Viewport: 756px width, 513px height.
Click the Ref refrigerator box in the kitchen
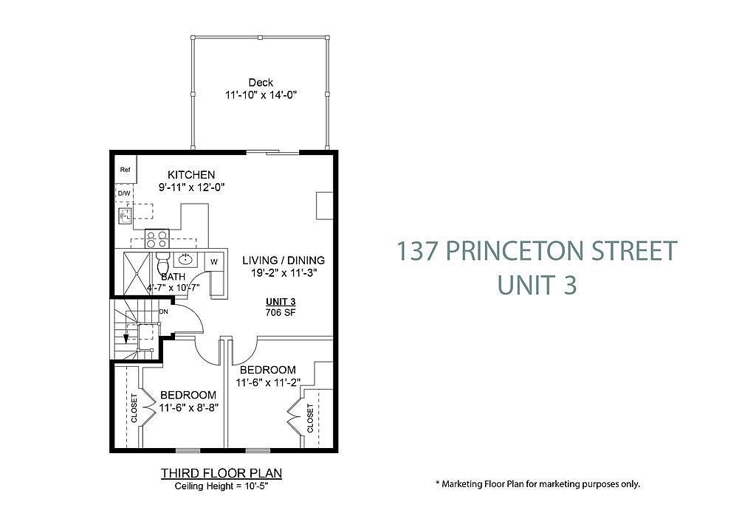tap(126, 169)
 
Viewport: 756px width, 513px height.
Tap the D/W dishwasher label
tap(124, 194)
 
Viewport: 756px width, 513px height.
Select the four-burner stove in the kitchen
tap(157, 238)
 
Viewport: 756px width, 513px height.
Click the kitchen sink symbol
tap(125, 215)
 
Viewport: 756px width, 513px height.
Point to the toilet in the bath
tap(163, 264)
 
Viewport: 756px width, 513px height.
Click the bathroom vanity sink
tap(185, 259)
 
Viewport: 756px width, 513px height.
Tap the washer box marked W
tap(214, 262)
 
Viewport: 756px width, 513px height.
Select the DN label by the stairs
tap(163, 311)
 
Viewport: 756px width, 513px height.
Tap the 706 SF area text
tap(281, 312)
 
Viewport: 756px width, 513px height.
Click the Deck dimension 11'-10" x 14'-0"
tap(261, 94)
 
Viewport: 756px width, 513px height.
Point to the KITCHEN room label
tap(191, 174)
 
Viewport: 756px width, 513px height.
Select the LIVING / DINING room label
tap(283, 261)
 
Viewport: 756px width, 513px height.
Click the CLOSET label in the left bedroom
tap(134, 408)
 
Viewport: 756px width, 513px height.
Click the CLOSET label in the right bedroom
tap(309, 418)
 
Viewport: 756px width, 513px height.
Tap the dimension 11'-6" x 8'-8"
tap(189, 408)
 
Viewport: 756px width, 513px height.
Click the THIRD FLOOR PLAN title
tap(221, 473)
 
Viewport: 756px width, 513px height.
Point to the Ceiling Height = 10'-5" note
tap(221, 486)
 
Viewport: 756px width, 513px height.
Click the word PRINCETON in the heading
tap(515, 251)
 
